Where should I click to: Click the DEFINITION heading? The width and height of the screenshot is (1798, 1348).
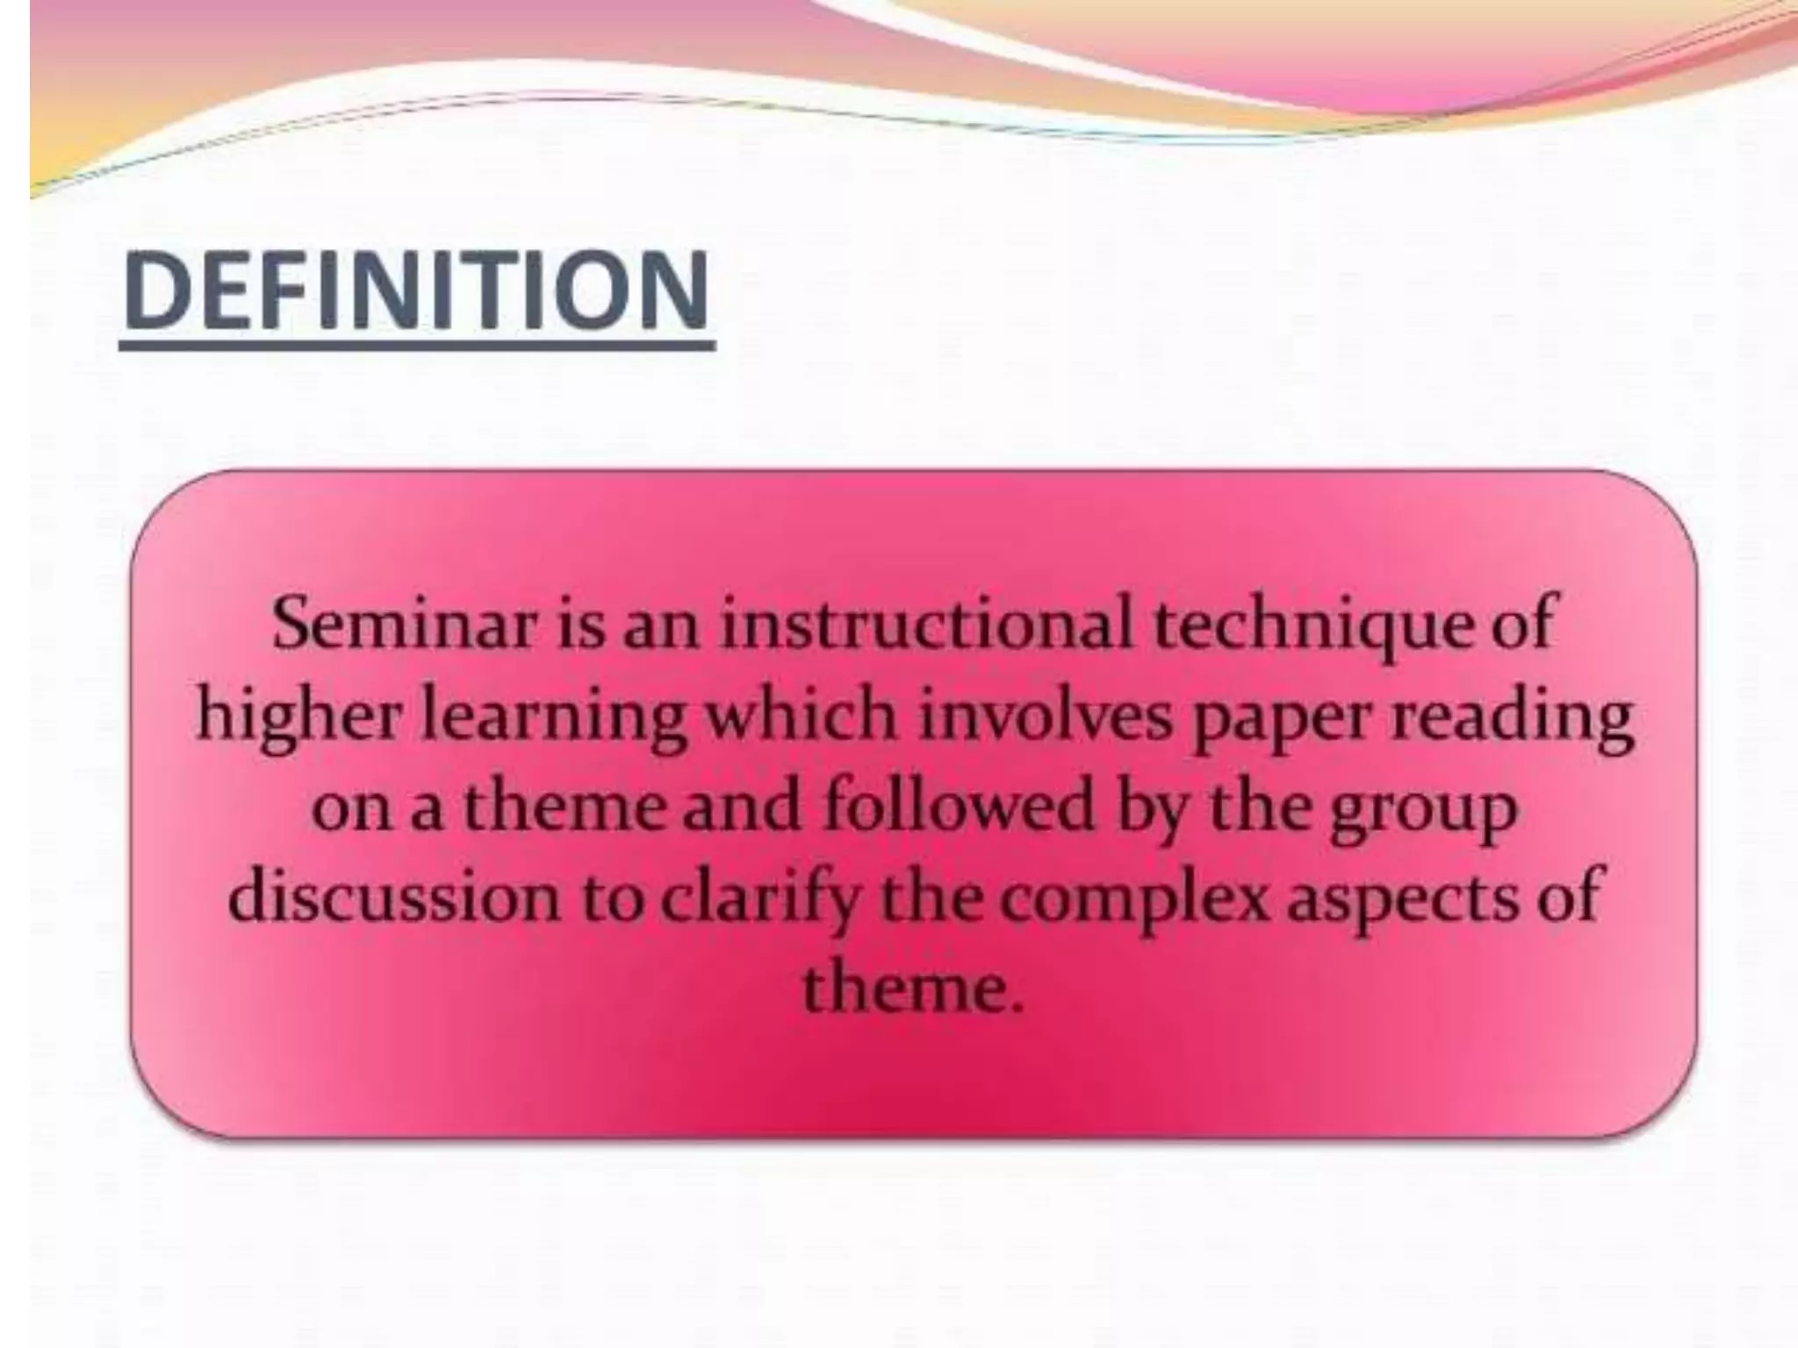416,290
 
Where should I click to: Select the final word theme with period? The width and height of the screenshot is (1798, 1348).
913,990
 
